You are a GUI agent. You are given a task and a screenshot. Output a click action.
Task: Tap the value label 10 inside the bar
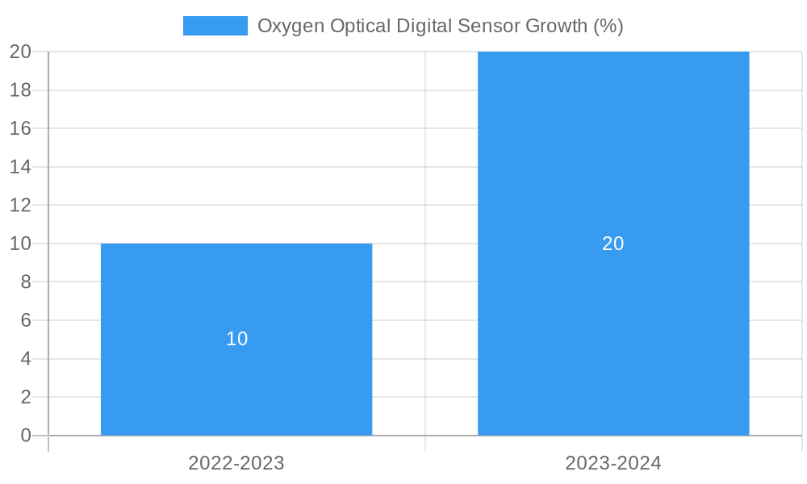pos(236,339)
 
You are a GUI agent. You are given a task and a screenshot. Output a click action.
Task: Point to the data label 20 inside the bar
pos(613,244)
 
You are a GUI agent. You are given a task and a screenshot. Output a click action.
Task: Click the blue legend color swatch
pos(215,26)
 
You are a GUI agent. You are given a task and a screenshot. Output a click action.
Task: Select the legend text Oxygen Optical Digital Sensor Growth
pos(440,26)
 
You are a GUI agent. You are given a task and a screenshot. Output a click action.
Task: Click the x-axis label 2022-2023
pos(236,463)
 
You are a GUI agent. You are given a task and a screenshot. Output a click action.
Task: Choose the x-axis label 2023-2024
pos(613,463)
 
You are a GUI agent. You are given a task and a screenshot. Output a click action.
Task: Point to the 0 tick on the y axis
pos(25,436)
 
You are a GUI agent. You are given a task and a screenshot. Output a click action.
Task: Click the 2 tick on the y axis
pos(25,397)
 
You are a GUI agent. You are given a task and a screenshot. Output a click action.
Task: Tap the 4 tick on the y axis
pos(25,359)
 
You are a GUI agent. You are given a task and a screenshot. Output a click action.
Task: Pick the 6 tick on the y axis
pos(25,320)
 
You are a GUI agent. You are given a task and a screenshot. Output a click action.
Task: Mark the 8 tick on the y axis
pos(25,282)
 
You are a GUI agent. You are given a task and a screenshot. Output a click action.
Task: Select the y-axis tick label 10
pos(20,244)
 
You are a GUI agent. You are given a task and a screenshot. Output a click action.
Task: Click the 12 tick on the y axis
pos(20,205)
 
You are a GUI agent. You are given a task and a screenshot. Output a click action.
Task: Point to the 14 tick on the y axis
pos(20,167)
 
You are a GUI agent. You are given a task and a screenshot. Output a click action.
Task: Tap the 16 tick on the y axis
pos(20,128)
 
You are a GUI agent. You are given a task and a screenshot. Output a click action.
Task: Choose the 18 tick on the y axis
pos(20,90)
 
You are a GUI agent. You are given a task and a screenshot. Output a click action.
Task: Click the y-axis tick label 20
pos(20,52)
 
